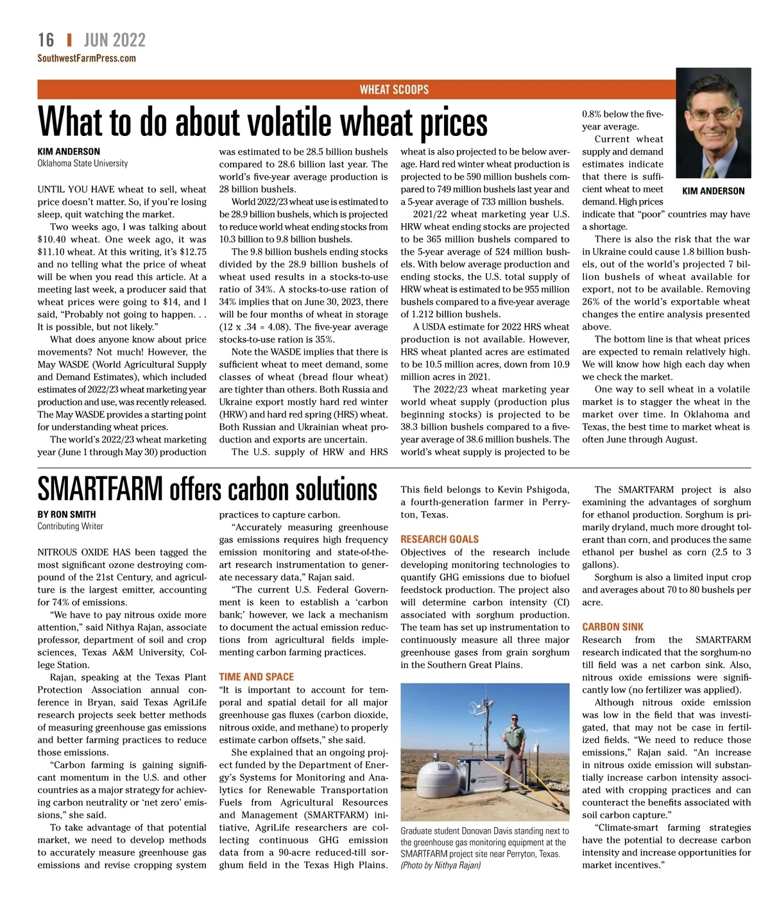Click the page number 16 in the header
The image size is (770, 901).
[x=46, y=40]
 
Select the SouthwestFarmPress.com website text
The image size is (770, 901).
[x=87, y=58]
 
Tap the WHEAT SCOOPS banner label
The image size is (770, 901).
[x=394, y=90]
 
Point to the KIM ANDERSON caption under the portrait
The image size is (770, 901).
[x=713, y=191]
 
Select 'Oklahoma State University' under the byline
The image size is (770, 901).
[x=83, y=164]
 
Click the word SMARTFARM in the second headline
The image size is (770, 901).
[x=100, y=489]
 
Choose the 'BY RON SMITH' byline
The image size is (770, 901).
[x=67, y=514]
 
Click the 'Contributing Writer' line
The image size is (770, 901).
[x=70, y=526]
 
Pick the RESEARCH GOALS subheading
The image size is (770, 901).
[x=440, y=539]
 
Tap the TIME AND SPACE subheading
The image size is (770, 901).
[x=256, y=677]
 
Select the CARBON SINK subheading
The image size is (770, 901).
[x=612, y=627]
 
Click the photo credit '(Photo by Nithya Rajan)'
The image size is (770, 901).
[x=441, y=865]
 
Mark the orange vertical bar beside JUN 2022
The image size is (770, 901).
[x=69, y=40]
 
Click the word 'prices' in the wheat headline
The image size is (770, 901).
[x=454, y=123]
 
